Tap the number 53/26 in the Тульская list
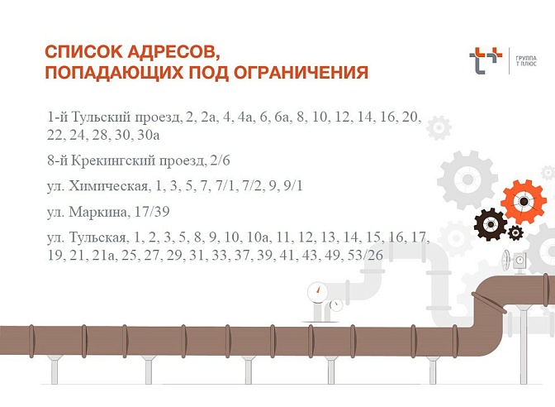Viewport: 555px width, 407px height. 364,255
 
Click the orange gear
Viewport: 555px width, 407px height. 524,201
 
